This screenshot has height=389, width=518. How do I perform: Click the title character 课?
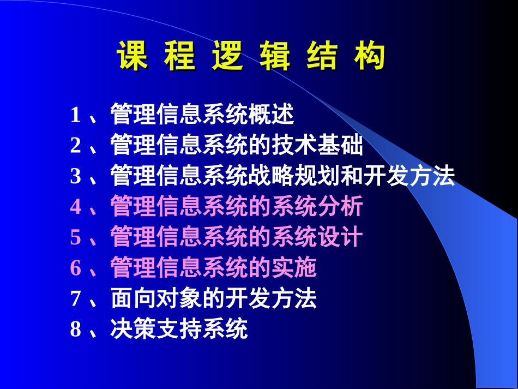[132, 57]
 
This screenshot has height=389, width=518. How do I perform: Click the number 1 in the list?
[75, 116]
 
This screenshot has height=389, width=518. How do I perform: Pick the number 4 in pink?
[75, 207]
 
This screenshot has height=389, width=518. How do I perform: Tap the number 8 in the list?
[75, 330]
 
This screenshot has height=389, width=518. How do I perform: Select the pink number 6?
[75, 268]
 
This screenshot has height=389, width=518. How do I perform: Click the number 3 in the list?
[75, 177]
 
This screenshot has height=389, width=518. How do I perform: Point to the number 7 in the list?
[75, 299]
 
